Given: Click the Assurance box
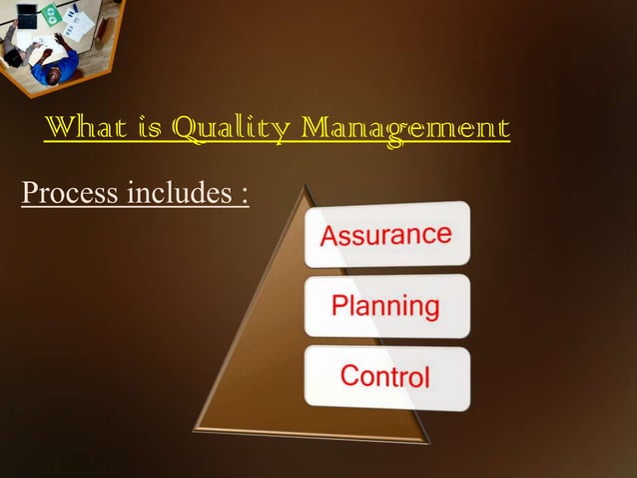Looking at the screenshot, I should (x=386, y=234).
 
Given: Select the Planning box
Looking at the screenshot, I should (x=386, y=305).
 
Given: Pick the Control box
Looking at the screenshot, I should (x=386, y=375).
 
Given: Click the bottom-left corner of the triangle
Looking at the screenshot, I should (x=196, y=431).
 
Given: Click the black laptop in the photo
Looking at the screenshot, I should (x=27, y=16).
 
